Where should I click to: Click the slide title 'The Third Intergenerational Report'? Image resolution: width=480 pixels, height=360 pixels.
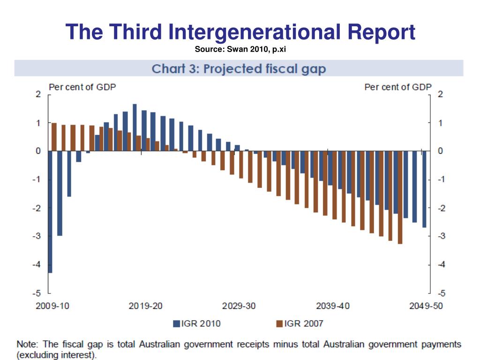(240, 32)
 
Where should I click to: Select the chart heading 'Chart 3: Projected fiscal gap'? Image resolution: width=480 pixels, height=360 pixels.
(239, 69)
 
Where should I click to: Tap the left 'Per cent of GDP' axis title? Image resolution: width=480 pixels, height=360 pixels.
(82, 87)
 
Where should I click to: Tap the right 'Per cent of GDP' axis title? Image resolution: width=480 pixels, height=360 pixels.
(397, 87)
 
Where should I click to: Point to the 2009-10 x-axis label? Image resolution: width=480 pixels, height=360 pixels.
(52, 306)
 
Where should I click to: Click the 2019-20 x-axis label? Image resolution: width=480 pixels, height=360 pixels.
(146, 306)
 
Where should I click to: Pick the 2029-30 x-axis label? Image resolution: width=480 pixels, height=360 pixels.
(239, 306)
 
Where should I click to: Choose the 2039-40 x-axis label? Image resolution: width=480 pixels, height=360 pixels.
(333, 306)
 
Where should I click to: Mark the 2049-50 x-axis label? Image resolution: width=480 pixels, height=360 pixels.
(426, 306)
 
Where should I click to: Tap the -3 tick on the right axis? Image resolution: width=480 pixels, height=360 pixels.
(441, 236)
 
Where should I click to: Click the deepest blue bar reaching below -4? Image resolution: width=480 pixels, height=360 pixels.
(50, 211)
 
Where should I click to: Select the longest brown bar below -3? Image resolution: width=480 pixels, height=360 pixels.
(400, 197)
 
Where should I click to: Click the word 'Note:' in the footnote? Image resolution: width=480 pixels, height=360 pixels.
(28, 345)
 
